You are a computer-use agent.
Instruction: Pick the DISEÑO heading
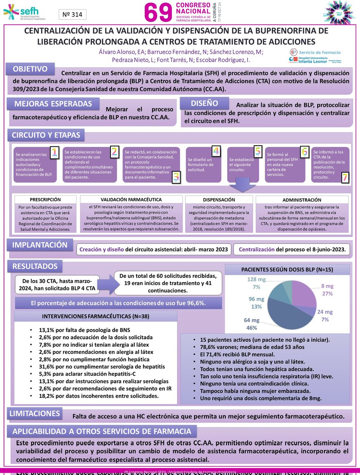click(x=205, y=103)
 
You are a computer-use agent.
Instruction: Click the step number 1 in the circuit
click(x=55, y=152)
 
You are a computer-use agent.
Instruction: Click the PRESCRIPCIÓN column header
click(x=45, y=200)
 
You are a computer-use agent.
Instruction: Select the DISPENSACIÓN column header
click(x=219, y=200)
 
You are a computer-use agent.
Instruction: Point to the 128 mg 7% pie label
click(x=256, y=283)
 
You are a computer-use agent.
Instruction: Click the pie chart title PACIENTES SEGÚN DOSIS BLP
click(x=287, y=270)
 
